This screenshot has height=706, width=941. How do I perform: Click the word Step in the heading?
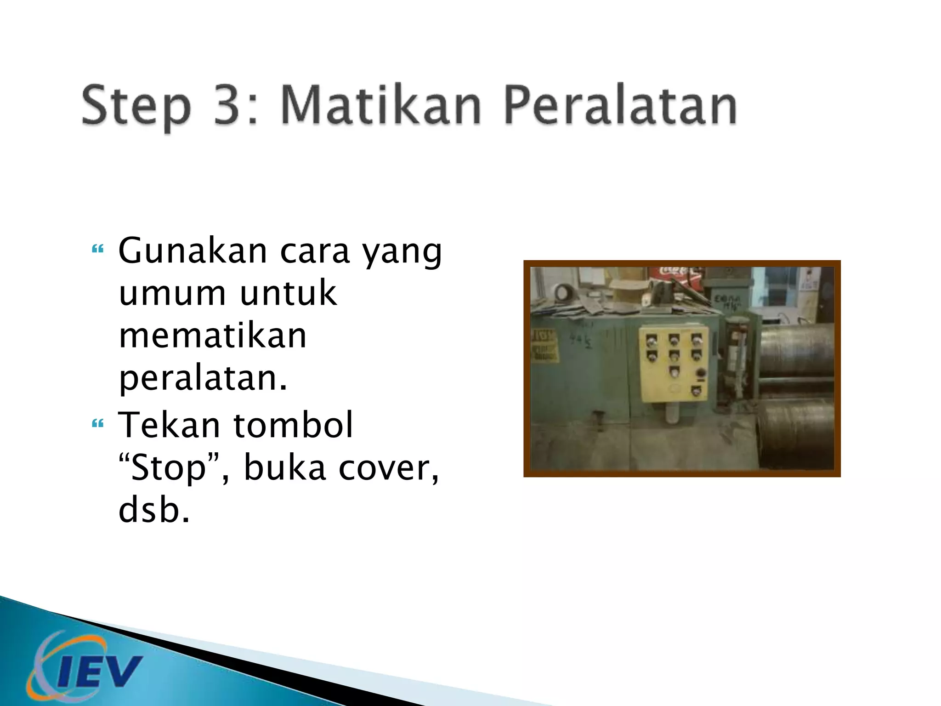point(136,107)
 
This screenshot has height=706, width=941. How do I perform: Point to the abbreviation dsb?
point(153,510)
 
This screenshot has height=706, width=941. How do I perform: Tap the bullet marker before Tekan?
point(97,423)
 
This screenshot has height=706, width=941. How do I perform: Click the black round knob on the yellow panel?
point(700,373)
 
